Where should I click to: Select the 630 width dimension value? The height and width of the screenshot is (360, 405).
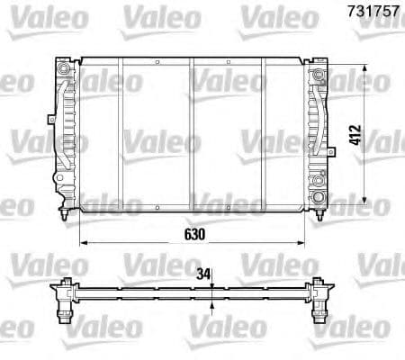[196, 232]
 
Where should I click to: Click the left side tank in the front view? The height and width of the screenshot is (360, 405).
[66, 135]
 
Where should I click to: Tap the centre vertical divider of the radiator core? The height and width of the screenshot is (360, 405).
[192, 135]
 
